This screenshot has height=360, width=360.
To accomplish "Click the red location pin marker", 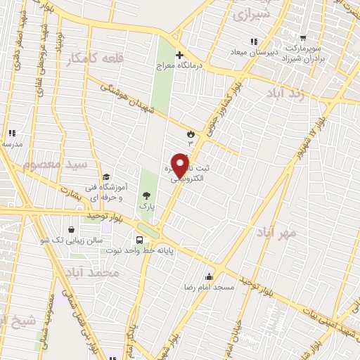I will click(181, 165).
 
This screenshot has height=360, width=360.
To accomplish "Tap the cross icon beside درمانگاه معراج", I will click(179, 55).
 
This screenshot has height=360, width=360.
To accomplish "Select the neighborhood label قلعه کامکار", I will click(92, 60).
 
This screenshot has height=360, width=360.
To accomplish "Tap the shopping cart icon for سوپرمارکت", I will click(303, 39).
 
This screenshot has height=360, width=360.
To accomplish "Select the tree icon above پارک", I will click(146, 195).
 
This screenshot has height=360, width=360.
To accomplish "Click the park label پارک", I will click(146, 206).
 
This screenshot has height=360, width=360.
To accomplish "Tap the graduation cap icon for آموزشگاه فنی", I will click(105, 176).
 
